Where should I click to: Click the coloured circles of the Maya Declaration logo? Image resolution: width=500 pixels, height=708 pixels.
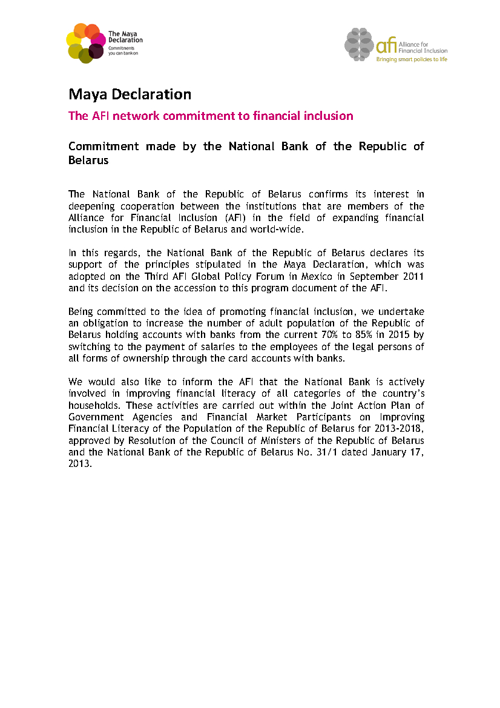pos(85,42)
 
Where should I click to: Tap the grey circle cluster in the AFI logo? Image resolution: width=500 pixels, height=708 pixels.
pos(360,44)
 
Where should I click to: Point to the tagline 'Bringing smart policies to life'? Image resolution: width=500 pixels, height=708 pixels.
pos(412,59)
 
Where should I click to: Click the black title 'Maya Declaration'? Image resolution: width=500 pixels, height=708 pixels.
pos(130,94)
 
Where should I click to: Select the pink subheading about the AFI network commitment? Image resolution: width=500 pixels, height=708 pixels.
pos(211,116)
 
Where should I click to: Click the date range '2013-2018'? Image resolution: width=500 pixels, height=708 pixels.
pos(398,428)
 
